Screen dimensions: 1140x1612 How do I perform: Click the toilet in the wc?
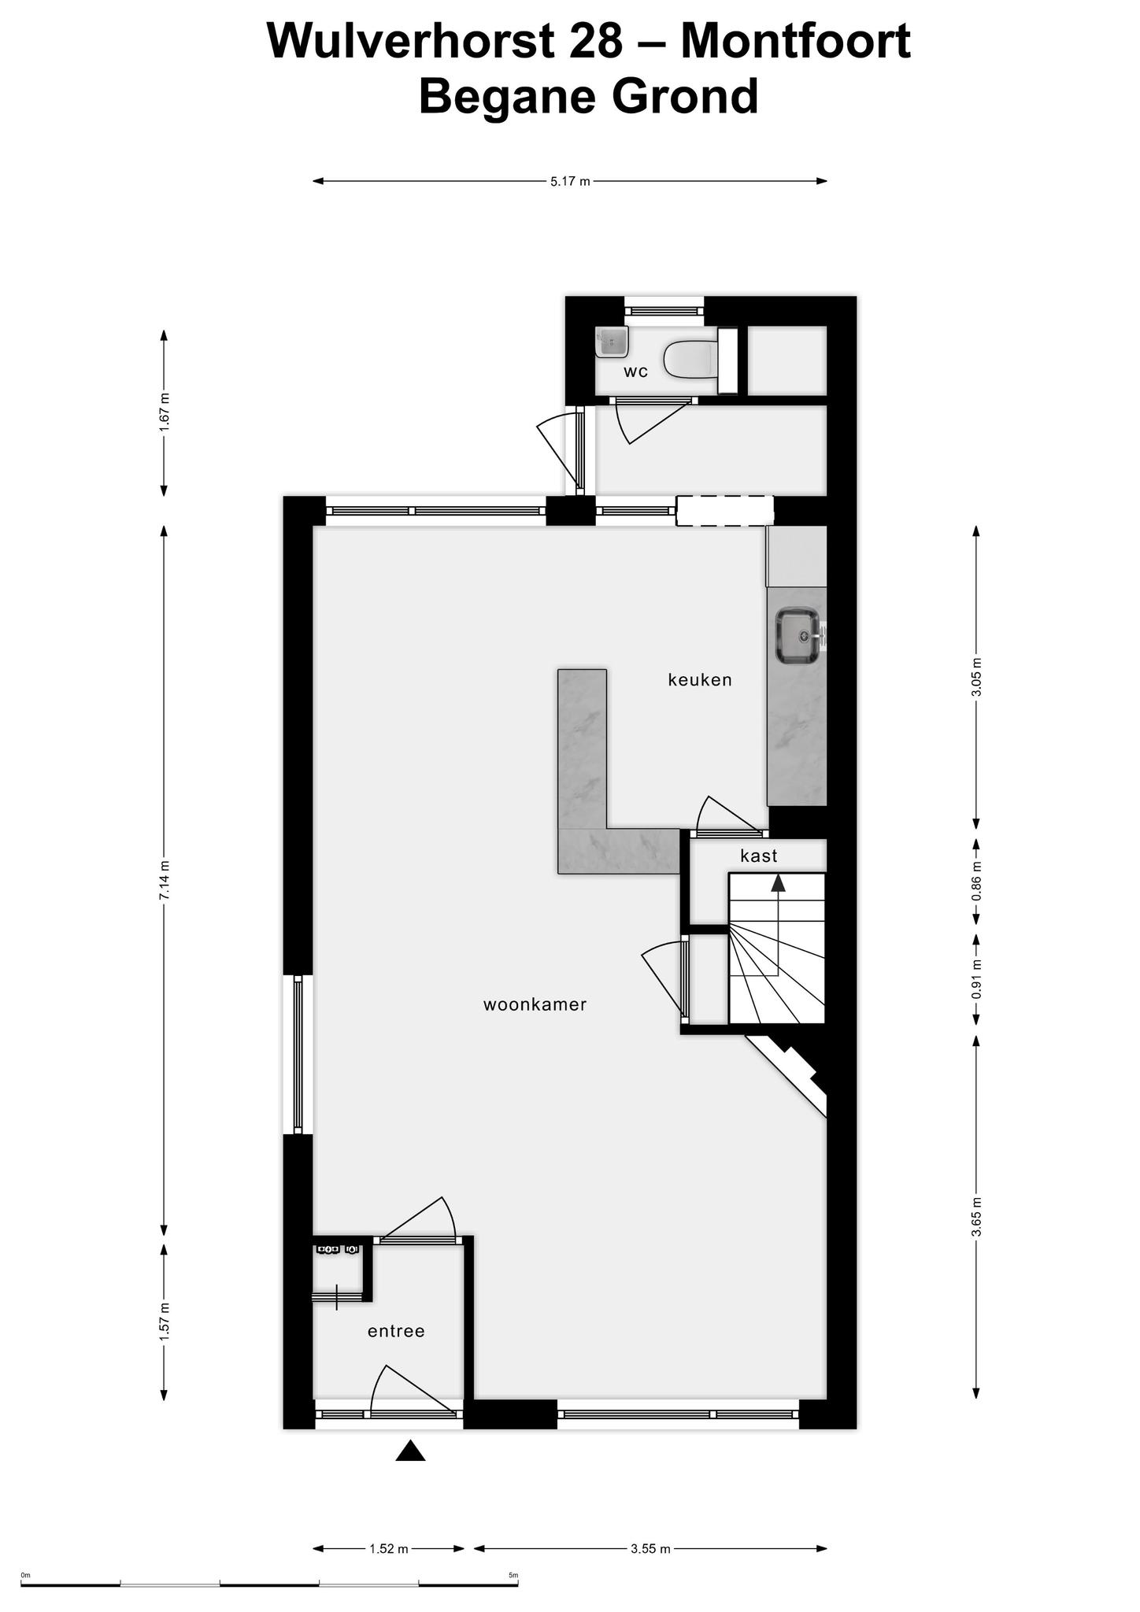(x=691, y=359)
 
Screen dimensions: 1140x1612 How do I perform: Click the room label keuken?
(x=700, y=679)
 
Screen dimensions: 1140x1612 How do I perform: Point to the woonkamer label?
(x=535, y=1004)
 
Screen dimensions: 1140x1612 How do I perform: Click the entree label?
(x=396, y=1331)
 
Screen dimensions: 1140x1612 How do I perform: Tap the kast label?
(x=759, y=856)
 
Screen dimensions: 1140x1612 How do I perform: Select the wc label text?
(x=635, y=372)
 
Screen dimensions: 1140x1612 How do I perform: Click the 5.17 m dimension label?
(x=571, y=182)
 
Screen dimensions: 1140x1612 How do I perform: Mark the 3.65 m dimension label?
(x=976, y=1217)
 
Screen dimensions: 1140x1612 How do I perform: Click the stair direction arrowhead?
(x=778, y=882)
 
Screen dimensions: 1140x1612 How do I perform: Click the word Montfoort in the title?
(x=795, y=41)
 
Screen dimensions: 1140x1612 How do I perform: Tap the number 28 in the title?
(x=594, y=41)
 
